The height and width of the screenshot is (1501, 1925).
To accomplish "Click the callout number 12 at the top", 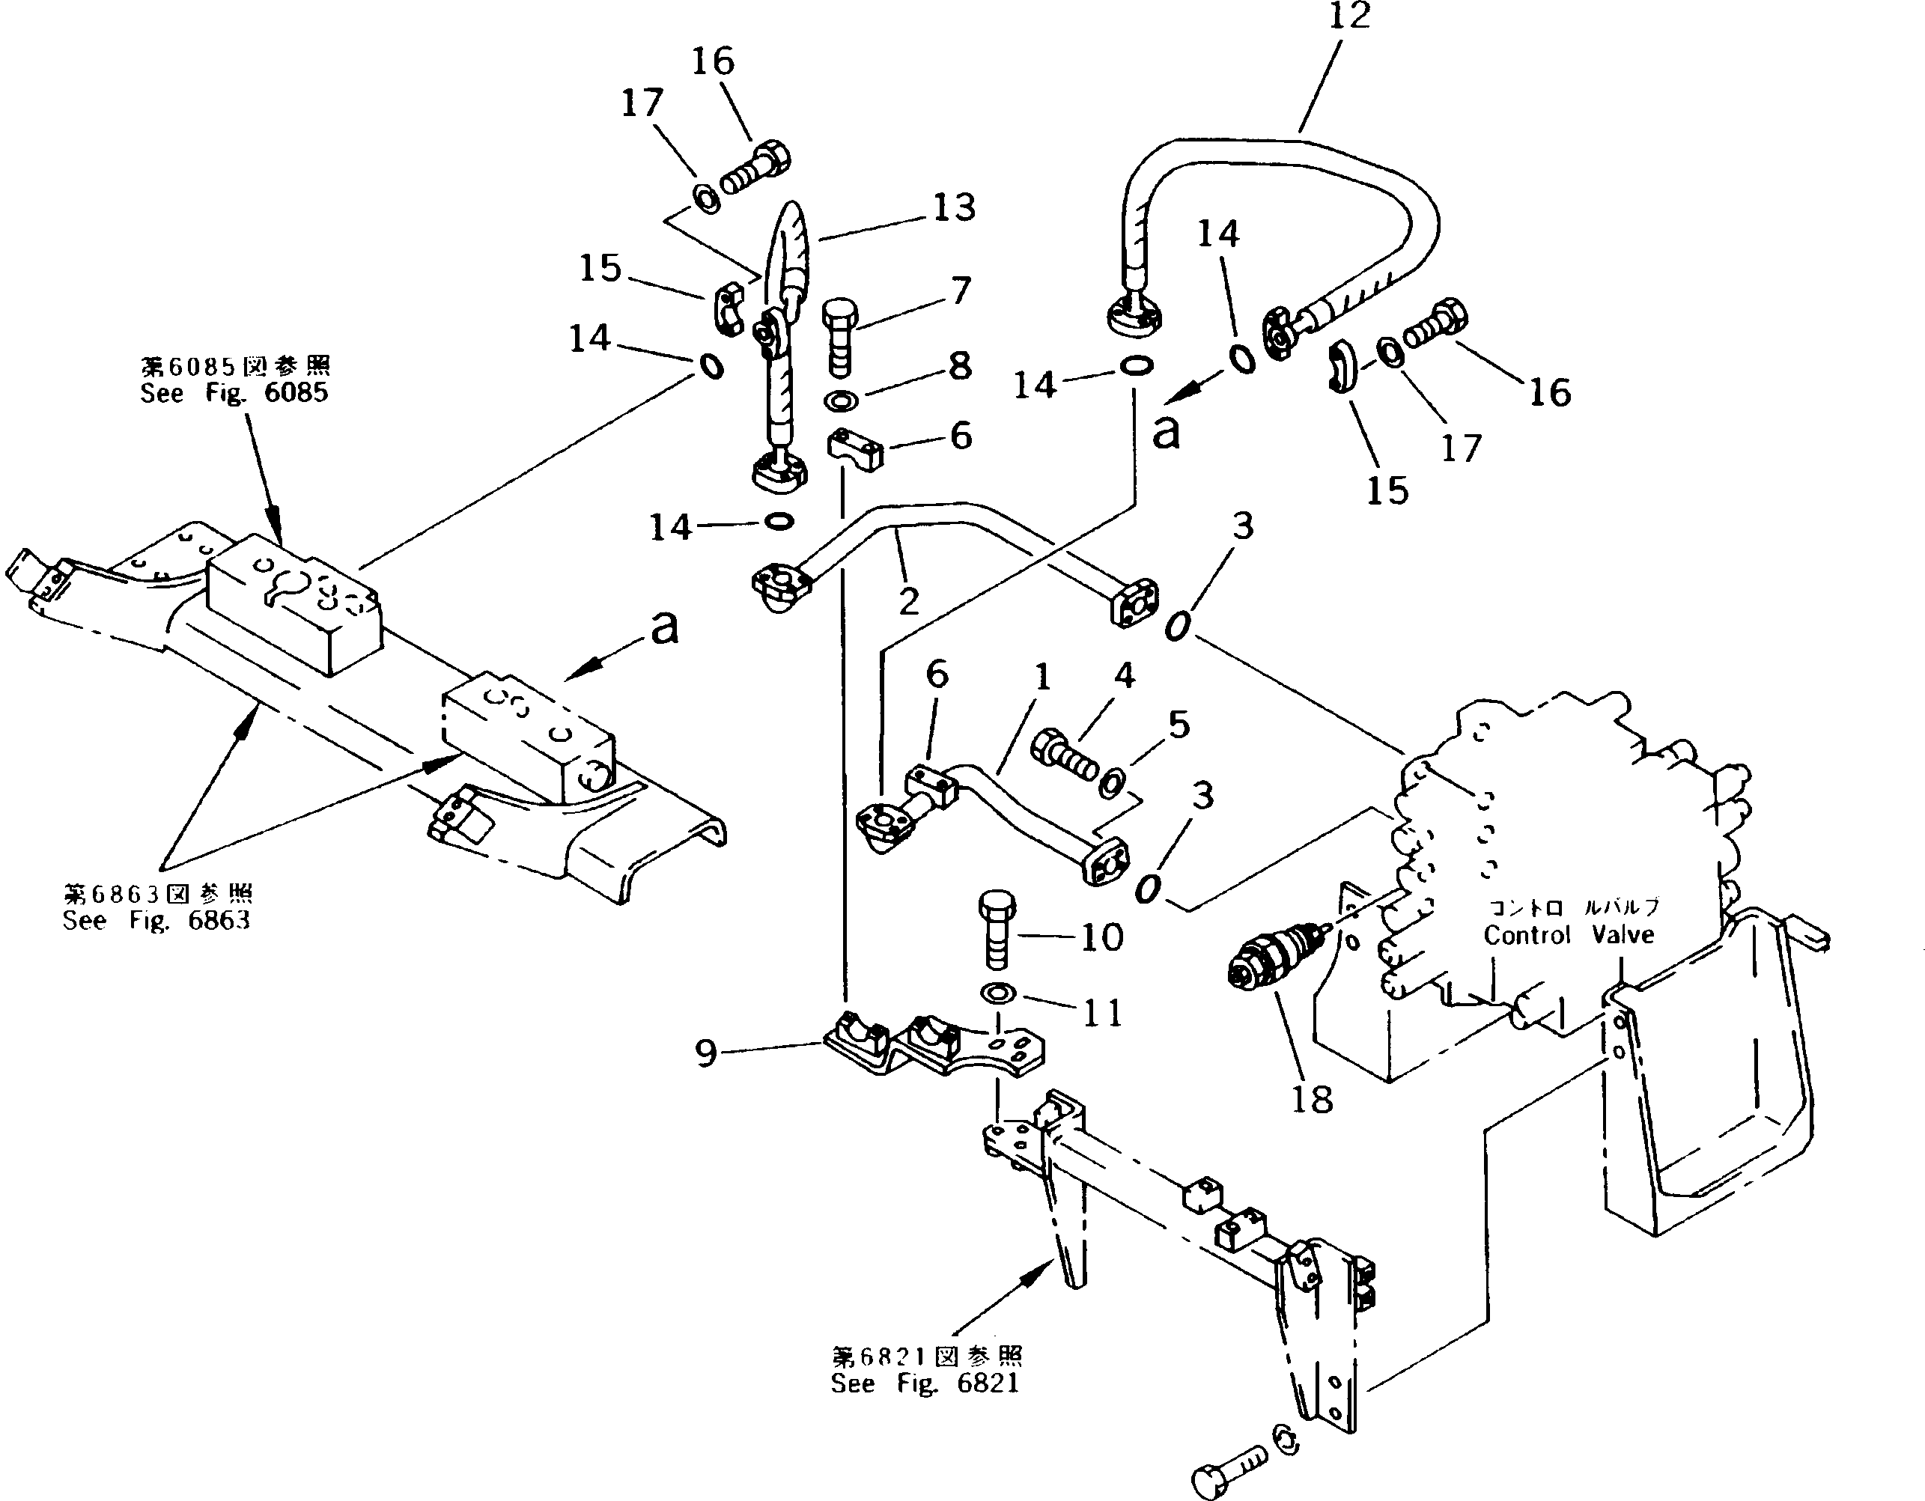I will tap(1348, 16).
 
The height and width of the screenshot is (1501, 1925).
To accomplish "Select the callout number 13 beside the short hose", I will tap(955, 208).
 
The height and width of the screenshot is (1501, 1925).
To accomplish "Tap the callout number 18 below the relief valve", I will tap(1312, 1099).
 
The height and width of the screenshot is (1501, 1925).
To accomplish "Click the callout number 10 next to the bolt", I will tap(1101, 938).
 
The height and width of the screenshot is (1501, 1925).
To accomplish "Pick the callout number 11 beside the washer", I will tap(1101, 1013).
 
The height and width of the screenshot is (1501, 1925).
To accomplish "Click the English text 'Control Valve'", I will tap(1568, 934).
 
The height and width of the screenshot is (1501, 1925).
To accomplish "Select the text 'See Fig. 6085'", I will tap(234, 393).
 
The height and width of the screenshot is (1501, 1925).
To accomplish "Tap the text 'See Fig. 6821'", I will tap(925, 1383).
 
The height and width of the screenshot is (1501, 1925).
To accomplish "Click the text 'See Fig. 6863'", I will tap(156, 920).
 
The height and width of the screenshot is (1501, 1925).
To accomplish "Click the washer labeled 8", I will tap(842, 402).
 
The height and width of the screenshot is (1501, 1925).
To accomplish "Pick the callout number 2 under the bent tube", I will tap(909, 602).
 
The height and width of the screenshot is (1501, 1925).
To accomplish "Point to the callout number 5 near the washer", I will tap(1179, 725).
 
